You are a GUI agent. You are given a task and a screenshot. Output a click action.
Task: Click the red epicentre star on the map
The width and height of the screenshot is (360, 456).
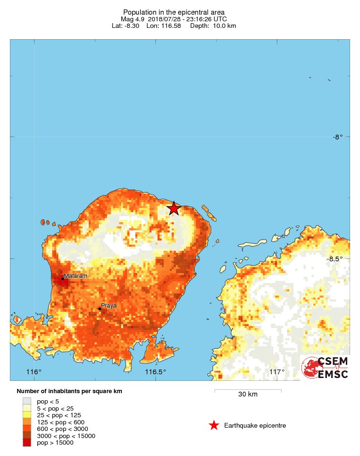click(x=174, y=208)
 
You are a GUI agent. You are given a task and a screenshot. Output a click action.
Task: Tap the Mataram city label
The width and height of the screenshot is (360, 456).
click(x=76, y=275)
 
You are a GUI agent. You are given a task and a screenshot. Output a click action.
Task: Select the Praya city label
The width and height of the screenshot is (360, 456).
click(x=109, y=306)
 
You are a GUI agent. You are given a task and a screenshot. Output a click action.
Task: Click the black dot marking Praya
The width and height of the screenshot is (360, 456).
click(x=100, y=309)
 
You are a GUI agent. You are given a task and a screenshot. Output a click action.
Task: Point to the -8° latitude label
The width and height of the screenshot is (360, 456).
click(x=337, y=137)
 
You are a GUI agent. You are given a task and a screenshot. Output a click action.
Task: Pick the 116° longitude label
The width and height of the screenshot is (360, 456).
click(x=34, y=372)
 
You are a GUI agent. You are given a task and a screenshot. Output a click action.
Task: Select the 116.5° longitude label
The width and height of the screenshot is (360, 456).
click(x=155, y=372)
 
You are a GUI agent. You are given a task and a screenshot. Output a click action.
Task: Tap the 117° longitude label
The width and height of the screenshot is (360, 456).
click(x=277, y=372)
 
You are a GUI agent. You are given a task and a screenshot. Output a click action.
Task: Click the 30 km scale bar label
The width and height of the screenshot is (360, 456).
click(x=248, y=395)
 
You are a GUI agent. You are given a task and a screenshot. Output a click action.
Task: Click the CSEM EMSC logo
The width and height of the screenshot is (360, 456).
click(x=325, y=368)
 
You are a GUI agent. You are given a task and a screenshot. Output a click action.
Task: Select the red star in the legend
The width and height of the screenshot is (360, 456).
click(x=214, y=425)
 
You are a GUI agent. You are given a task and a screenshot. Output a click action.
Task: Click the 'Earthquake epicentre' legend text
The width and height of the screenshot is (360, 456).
click(x=255, y=425)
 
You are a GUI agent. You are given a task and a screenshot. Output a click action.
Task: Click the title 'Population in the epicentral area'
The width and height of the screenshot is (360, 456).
click(x=173, y=12)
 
